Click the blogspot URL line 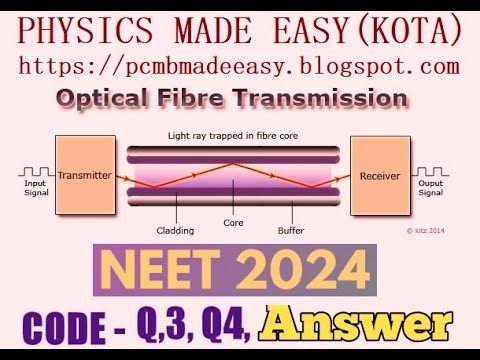[x=240, y=67]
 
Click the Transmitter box [x=85, y=175]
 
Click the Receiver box [x=379, y=175]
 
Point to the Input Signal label [x=35, y=189]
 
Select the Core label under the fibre [x=233, y=223]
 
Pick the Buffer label [x=291, y=228]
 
